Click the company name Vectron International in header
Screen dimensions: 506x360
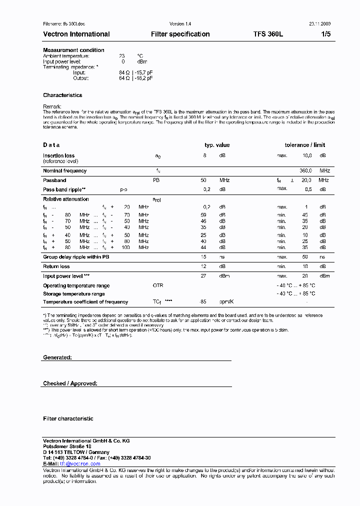[76, 34]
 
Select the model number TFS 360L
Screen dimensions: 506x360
[268, 34]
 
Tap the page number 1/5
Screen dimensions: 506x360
[325, 34]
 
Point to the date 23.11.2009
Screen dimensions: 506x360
[319, 24]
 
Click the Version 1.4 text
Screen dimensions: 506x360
[180, 24]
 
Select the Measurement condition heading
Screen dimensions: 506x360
[73, 50]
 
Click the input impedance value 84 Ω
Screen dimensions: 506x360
[124, 72]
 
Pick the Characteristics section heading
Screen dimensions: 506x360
[62, 95]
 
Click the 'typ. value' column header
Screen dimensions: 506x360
[217, 145]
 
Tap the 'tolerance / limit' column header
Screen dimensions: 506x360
[304, 145]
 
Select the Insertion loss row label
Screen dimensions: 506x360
[58, 155]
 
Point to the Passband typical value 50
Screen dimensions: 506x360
[203, 180]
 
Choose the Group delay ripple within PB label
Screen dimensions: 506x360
[76, 257]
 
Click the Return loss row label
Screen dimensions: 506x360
[56, 266]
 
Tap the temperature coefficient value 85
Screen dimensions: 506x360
[203, 302]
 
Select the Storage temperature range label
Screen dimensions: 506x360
[73, 294]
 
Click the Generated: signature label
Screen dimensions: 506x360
[57, 357]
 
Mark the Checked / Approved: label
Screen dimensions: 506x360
[70, 383]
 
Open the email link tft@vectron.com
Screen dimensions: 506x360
[80, 464]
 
